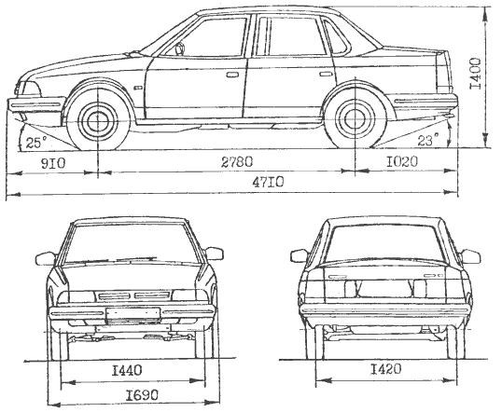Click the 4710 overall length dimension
pos(268,183)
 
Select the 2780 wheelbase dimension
pos(237,162)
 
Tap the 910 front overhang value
pos(53,163)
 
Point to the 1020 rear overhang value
pos(401,162)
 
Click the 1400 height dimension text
pos(475,74)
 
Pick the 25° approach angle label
pos(36,143)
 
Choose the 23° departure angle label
pos(428,140)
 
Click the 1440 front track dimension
pos(127,371)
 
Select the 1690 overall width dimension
pos(142,395)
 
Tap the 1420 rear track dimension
pos(385,369)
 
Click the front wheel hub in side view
pos(97,120)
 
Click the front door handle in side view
pos(232,76)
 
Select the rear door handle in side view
pos(326,75)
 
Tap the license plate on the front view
pos(132,313)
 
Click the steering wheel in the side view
pos(180,48)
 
